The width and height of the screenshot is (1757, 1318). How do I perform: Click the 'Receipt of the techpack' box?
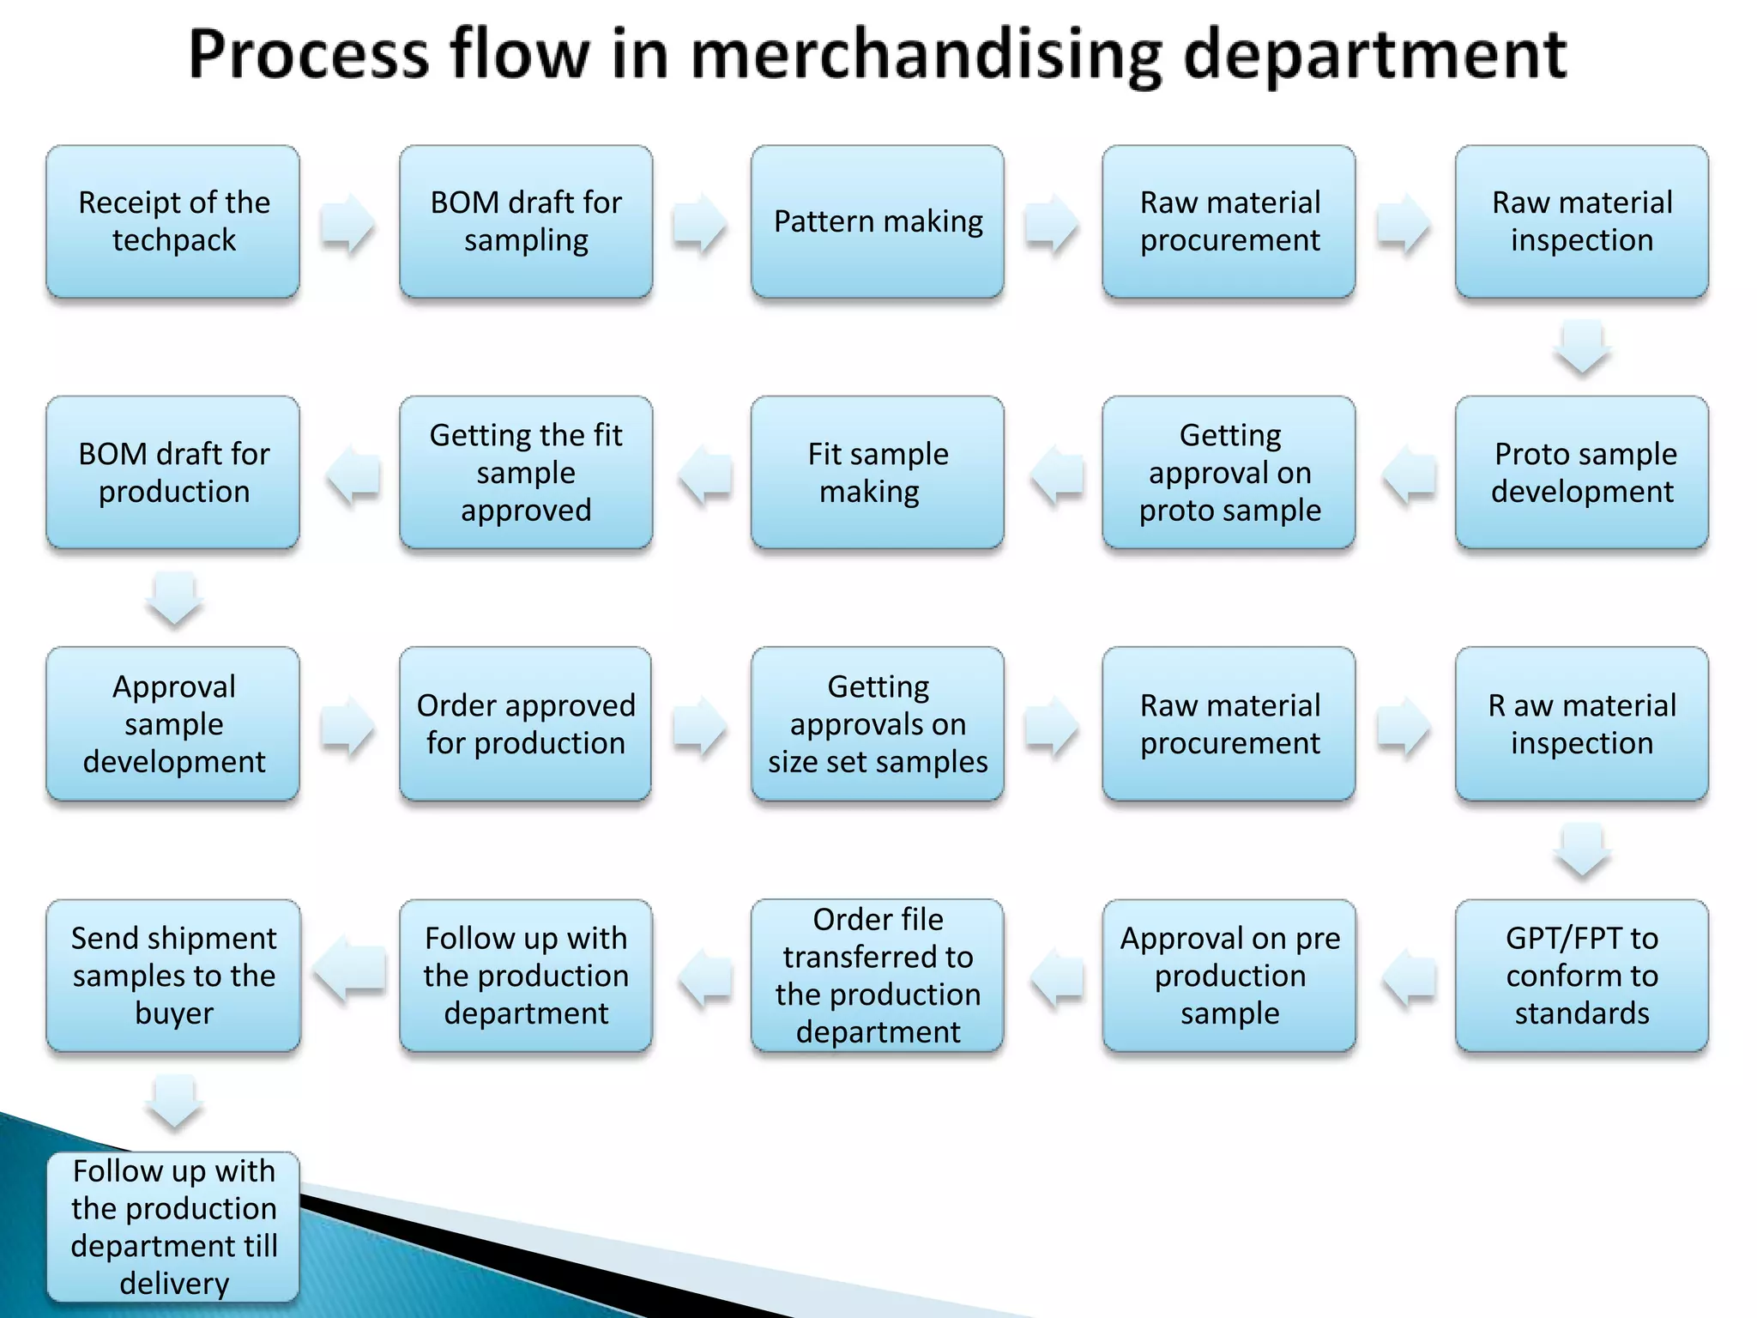coord(173,221)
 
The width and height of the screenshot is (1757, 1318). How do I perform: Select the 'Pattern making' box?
coord(878,221)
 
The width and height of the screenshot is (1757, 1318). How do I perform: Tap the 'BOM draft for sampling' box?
coord(526,221)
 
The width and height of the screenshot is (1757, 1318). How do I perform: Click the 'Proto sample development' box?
coord(1582,472)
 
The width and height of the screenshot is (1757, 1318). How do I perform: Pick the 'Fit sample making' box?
coord(878,472)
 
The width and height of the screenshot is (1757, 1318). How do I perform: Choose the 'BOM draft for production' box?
coord(173,472)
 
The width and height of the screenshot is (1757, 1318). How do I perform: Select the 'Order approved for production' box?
coord(526,723)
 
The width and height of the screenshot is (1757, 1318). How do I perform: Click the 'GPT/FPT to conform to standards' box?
coord(1582,976)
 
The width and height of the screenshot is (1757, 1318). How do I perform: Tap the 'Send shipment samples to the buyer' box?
coord(173,976)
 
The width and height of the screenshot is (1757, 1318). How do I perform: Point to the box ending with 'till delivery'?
coord(173,1227)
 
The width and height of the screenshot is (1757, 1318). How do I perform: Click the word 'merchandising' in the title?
coord(927,55)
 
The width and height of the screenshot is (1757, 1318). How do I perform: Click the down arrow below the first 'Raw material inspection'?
coord(1582,347)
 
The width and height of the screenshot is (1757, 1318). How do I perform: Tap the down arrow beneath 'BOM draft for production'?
coord(174,598)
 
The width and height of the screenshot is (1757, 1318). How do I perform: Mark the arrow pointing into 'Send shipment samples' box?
coord(350,970)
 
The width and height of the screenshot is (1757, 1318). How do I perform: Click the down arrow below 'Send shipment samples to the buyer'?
coord(174,1102)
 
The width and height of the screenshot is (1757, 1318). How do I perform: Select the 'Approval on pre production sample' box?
coord(1229,976)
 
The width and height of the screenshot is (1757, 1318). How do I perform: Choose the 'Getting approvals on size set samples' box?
coord(878,723)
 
